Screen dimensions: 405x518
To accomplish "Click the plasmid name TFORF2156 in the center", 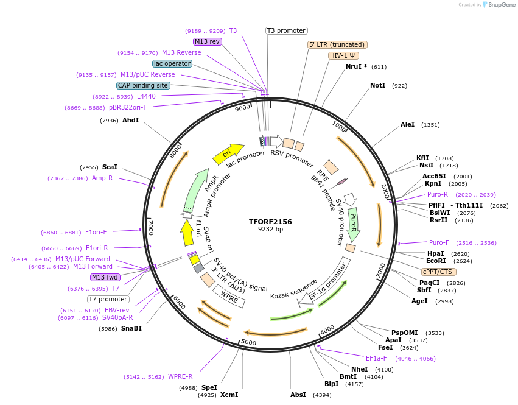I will coord(270,222).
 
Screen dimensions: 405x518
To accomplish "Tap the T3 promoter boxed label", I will coord(287,30).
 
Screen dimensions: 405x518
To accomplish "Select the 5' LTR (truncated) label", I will coord(337,44).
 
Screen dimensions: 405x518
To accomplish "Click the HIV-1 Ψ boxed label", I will coord(343,55).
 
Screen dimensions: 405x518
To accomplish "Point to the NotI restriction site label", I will coord(377,86).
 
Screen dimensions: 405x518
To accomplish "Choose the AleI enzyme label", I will coord(407,125).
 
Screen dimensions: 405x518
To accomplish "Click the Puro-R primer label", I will coord(438,195).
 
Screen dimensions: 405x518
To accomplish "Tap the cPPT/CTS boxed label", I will coord(437,272).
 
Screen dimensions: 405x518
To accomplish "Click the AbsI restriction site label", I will coord(298,395).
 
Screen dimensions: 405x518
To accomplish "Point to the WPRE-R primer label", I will coord(180,376).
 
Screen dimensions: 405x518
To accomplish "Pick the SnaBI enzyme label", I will coord(131,328).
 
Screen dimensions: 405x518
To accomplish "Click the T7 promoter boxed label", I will coord(108,299).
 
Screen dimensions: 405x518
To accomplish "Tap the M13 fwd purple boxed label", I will coord(105,277).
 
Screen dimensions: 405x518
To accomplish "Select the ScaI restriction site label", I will coord(110,167).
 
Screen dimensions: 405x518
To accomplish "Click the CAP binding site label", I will coord(143,85).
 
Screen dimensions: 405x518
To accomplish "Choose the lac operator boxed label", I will coord(172,63).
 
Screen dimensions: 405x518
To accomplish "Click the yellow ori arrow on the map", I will coord(228,154).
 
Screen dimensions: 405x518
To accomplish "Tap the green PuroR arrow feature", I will coord(353,224).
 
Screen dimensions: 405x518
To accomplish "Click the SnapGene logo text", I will coord(499,5).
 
